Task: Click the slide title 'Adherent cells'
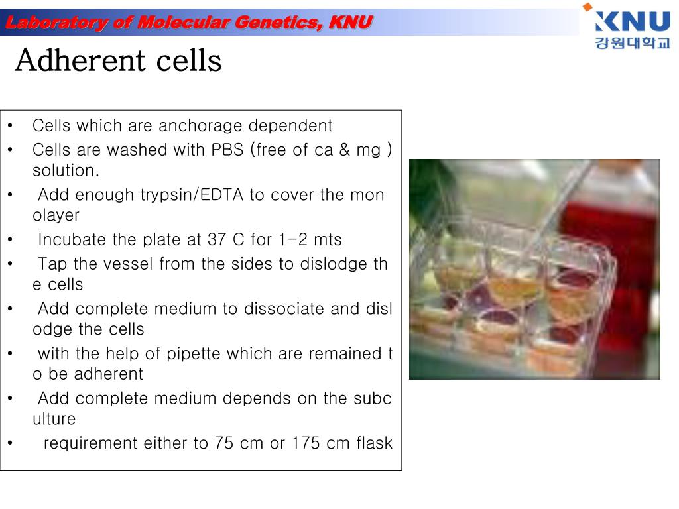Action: click(118, 61)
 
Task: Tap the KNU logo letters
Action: click(633, 22)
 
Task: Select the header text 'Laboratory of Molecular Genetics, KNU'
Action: click(188, 23)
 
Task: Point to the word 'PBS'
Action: click(227, 150)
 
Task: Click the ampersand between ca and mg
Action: click(344, 150)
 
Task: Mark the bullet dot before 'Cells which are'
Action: click(11, 125)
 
